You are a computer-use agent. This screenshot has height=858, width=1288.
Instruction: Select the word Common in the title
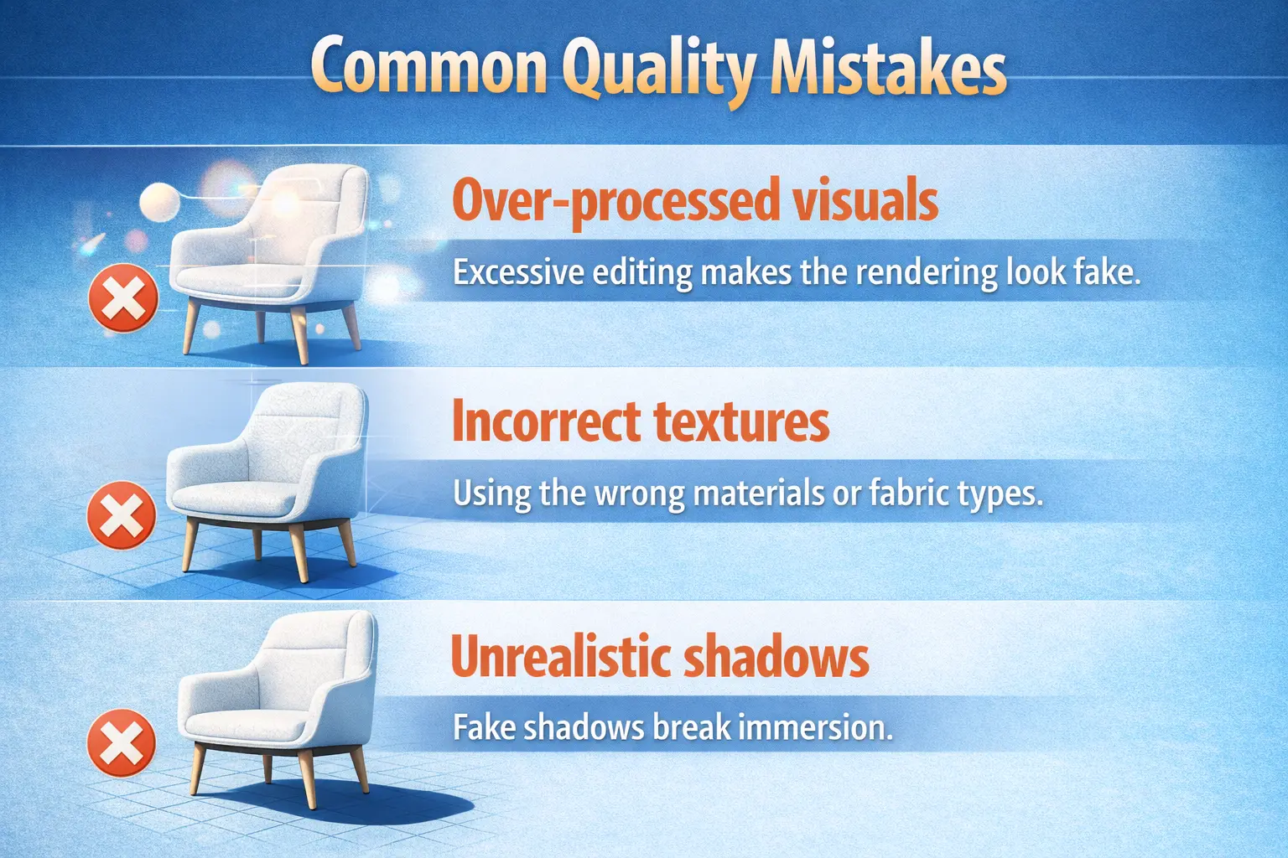pos(428,67)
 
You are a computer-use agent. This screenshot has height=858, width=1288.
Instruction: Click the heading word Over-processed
pos(603,201)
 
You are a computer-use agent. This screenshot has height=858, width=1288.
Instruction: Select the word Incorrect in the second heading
pos(546,421)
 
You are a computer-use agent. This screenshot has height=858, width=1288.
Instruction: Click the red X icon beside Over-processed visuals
pos(123,297)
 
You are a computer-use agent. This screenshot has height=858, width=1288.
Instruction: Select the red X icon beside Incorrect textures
pos(122,515)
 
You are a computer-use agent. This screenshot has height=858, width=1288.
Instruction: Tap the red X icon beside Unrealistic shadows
pos(122,743)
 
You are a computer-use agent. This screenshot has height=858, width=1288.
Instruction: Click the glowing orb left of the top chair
pos(159,201)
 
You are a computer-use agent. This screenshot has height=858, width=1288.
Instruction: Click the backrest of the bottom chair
pos(319,662)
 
